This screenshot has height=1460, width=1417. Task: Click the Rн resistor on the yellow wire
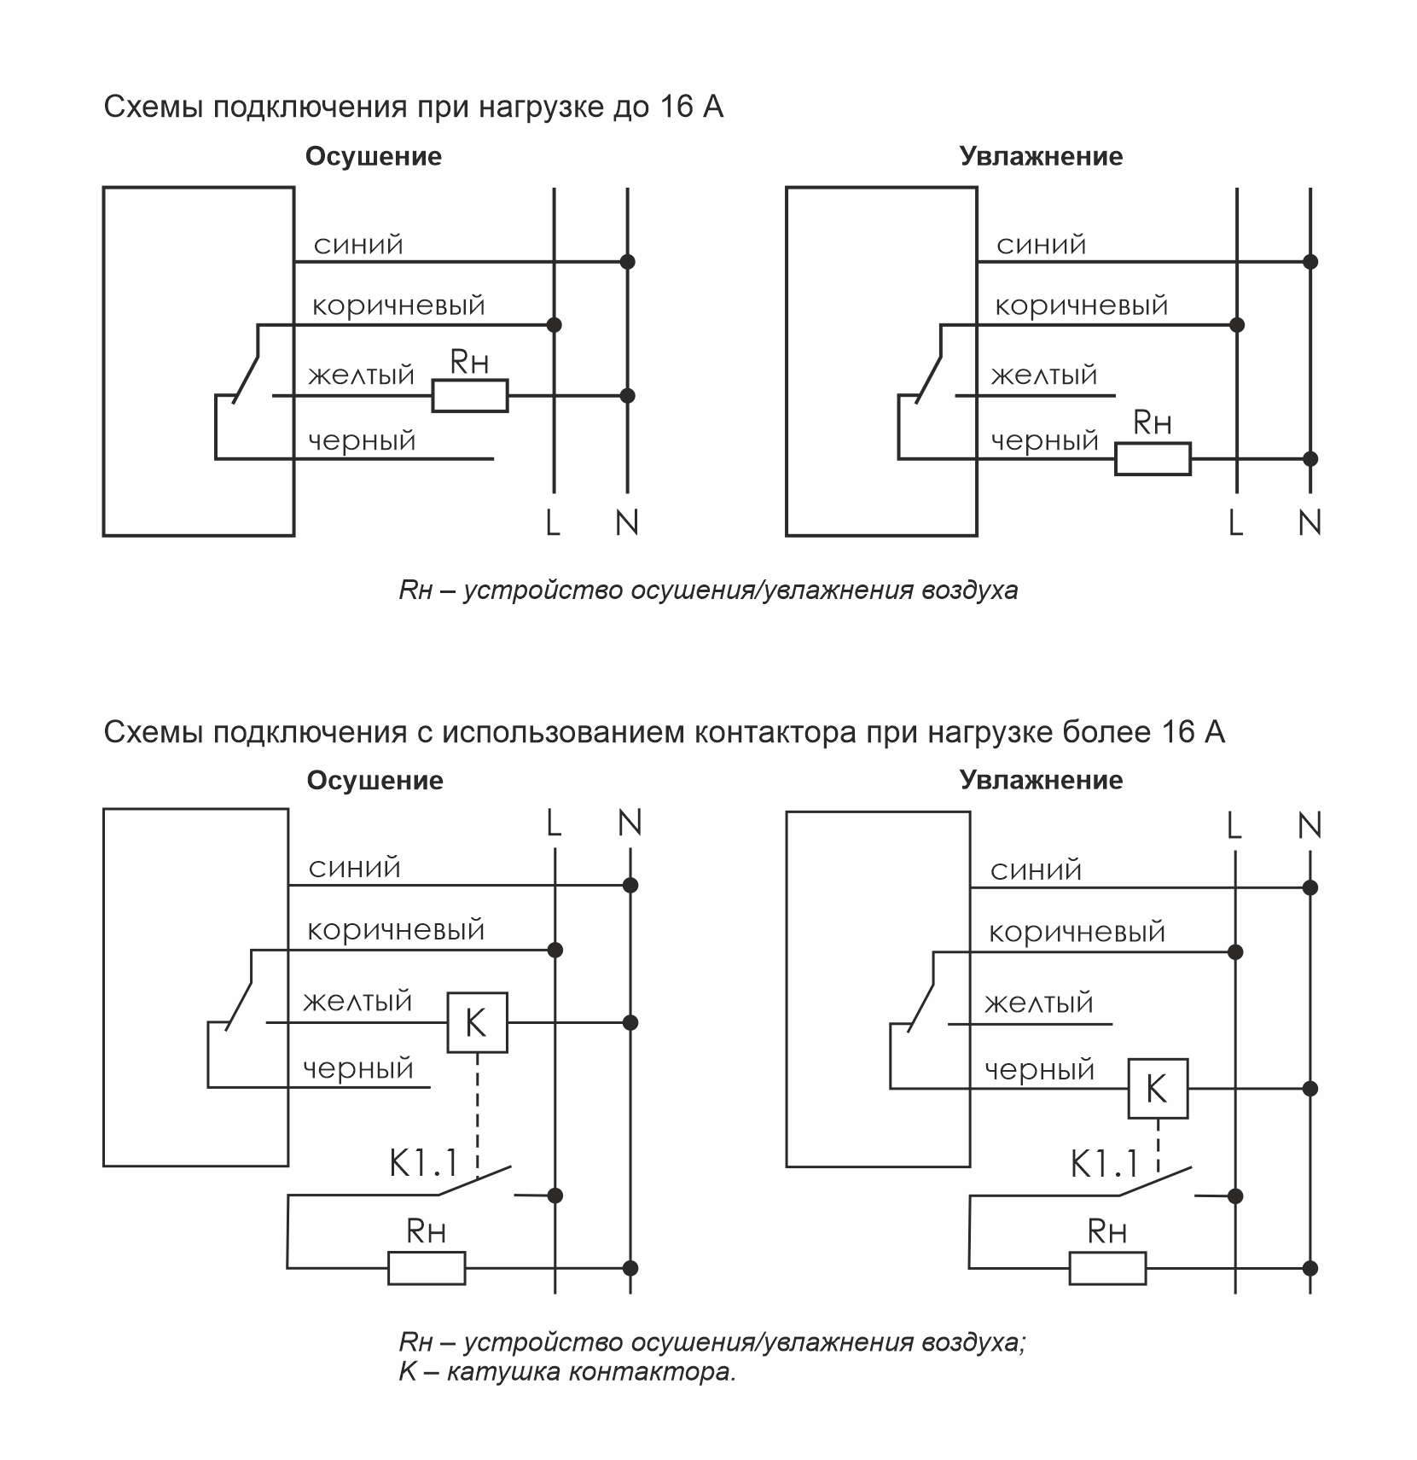[x=469, y=396]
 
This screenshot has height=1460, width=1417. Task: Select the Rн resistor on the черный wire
[x=1153, y=459]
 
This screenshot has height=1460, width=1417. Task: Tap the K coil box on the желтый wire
[x=477, y=1022]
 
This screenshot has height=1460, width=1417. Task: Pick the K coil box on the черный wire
[x=1158, y=1089]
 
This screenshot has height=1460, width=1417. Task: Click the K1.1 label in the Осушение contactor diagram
[x=424, y=1162]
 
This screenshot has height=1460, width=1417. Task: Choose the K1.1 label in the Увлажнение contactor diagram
[x=1105, y=1163]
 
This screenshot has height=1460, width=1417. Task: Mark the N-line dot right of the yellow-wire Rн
[x=627, y=396]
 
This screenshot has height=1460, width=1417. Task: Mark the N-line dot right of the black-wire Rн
[x=1310, y=459]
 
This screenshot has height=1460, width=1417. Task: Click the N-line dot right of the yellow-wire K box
[x=630, y=1022]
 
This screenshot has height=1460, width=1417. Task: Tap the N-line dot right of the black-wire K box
[x=1310, y=1089]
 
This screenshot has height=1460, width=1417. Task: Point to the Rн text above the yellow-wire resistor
[x=469, y=364]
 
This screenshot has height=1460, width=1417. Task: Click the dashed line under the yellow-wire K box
[x=478, y=1109]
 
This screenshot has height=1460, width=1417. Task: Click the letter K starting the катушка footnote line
[x=407, y=1372]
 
